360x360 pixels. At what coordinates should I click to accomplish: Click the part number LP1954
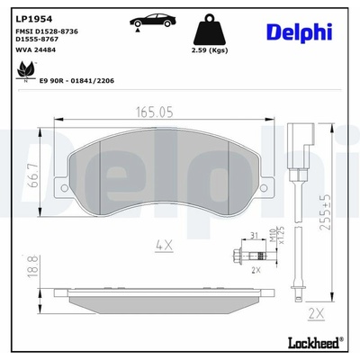(x=33, y=19)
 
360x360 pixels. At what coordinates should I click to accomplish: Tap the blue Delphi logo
(x=300, y=31)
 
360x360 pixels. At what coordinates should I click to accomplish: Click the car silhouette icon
(x=153, y=21)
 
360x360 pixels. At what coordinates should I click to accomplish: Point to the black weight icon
(x=210, y=30)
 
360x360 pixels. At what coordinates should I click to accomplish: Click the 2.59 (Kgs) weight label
(x=210, y=50)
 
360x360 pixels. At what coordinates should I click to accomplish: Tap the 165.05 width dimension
(x=155, y=112)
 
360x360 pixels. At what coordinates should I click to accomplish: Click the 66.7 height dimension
(x=34, y=175)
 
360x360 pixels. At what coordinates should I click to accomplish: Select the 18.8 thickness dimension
(x=33, y=266)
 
